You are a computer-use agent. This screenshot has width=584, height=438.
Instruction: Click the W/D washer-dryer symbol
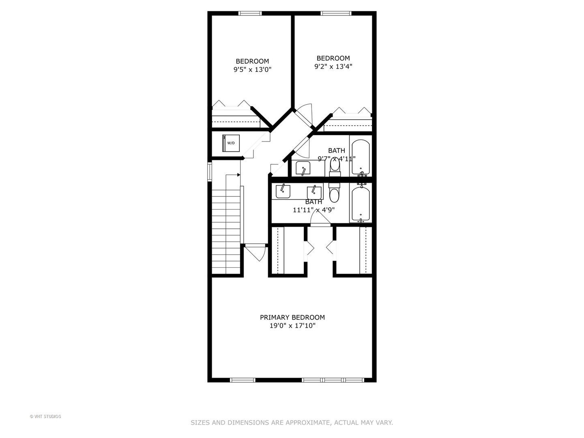coord(231,143)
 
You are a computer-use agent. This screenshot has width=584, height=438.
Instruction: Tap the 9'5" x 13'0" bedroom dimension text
coord(252,69)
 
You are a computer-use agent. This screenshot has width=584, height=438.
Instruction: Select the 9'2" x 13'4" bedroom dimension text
coord(333,66)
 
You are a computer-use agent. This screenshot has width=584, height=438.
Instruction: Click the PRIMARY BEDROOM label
coord(292,317)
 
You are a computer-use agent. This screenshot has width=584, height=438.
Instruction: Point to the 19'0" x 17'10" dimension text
coord(292,326)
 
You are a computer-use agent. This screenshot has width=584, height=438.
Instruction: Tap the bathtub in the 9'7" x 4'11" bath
coord(361,157)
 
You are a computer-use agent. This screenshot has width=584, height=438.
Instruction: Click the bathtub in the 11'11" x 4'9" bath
coord(361,204)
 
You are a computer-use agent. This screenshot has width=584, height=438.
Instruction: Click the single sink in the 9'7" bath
coord(303,168)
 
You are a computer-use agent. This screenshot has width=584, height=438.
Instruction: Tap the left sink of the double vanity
coord(283,191)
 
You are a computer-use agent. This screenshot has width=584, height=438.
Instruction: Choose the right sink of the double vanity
coord(314,192)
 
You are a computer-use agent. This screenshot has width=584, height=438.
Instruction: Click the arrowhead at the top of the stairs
coord(238,175)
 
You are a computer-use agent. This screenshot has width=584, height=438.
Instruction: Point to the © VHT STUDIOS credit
coord(45,417)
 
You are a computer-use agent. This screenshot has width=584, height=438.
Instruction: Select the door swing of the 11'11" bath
coord(320,218)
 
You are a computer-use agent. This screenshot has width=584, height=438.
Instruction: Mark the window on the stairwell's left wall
coord(210,171)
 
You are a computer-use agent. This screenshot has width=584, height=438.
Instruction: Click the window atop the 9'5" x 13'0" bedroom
coord(250,13)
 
